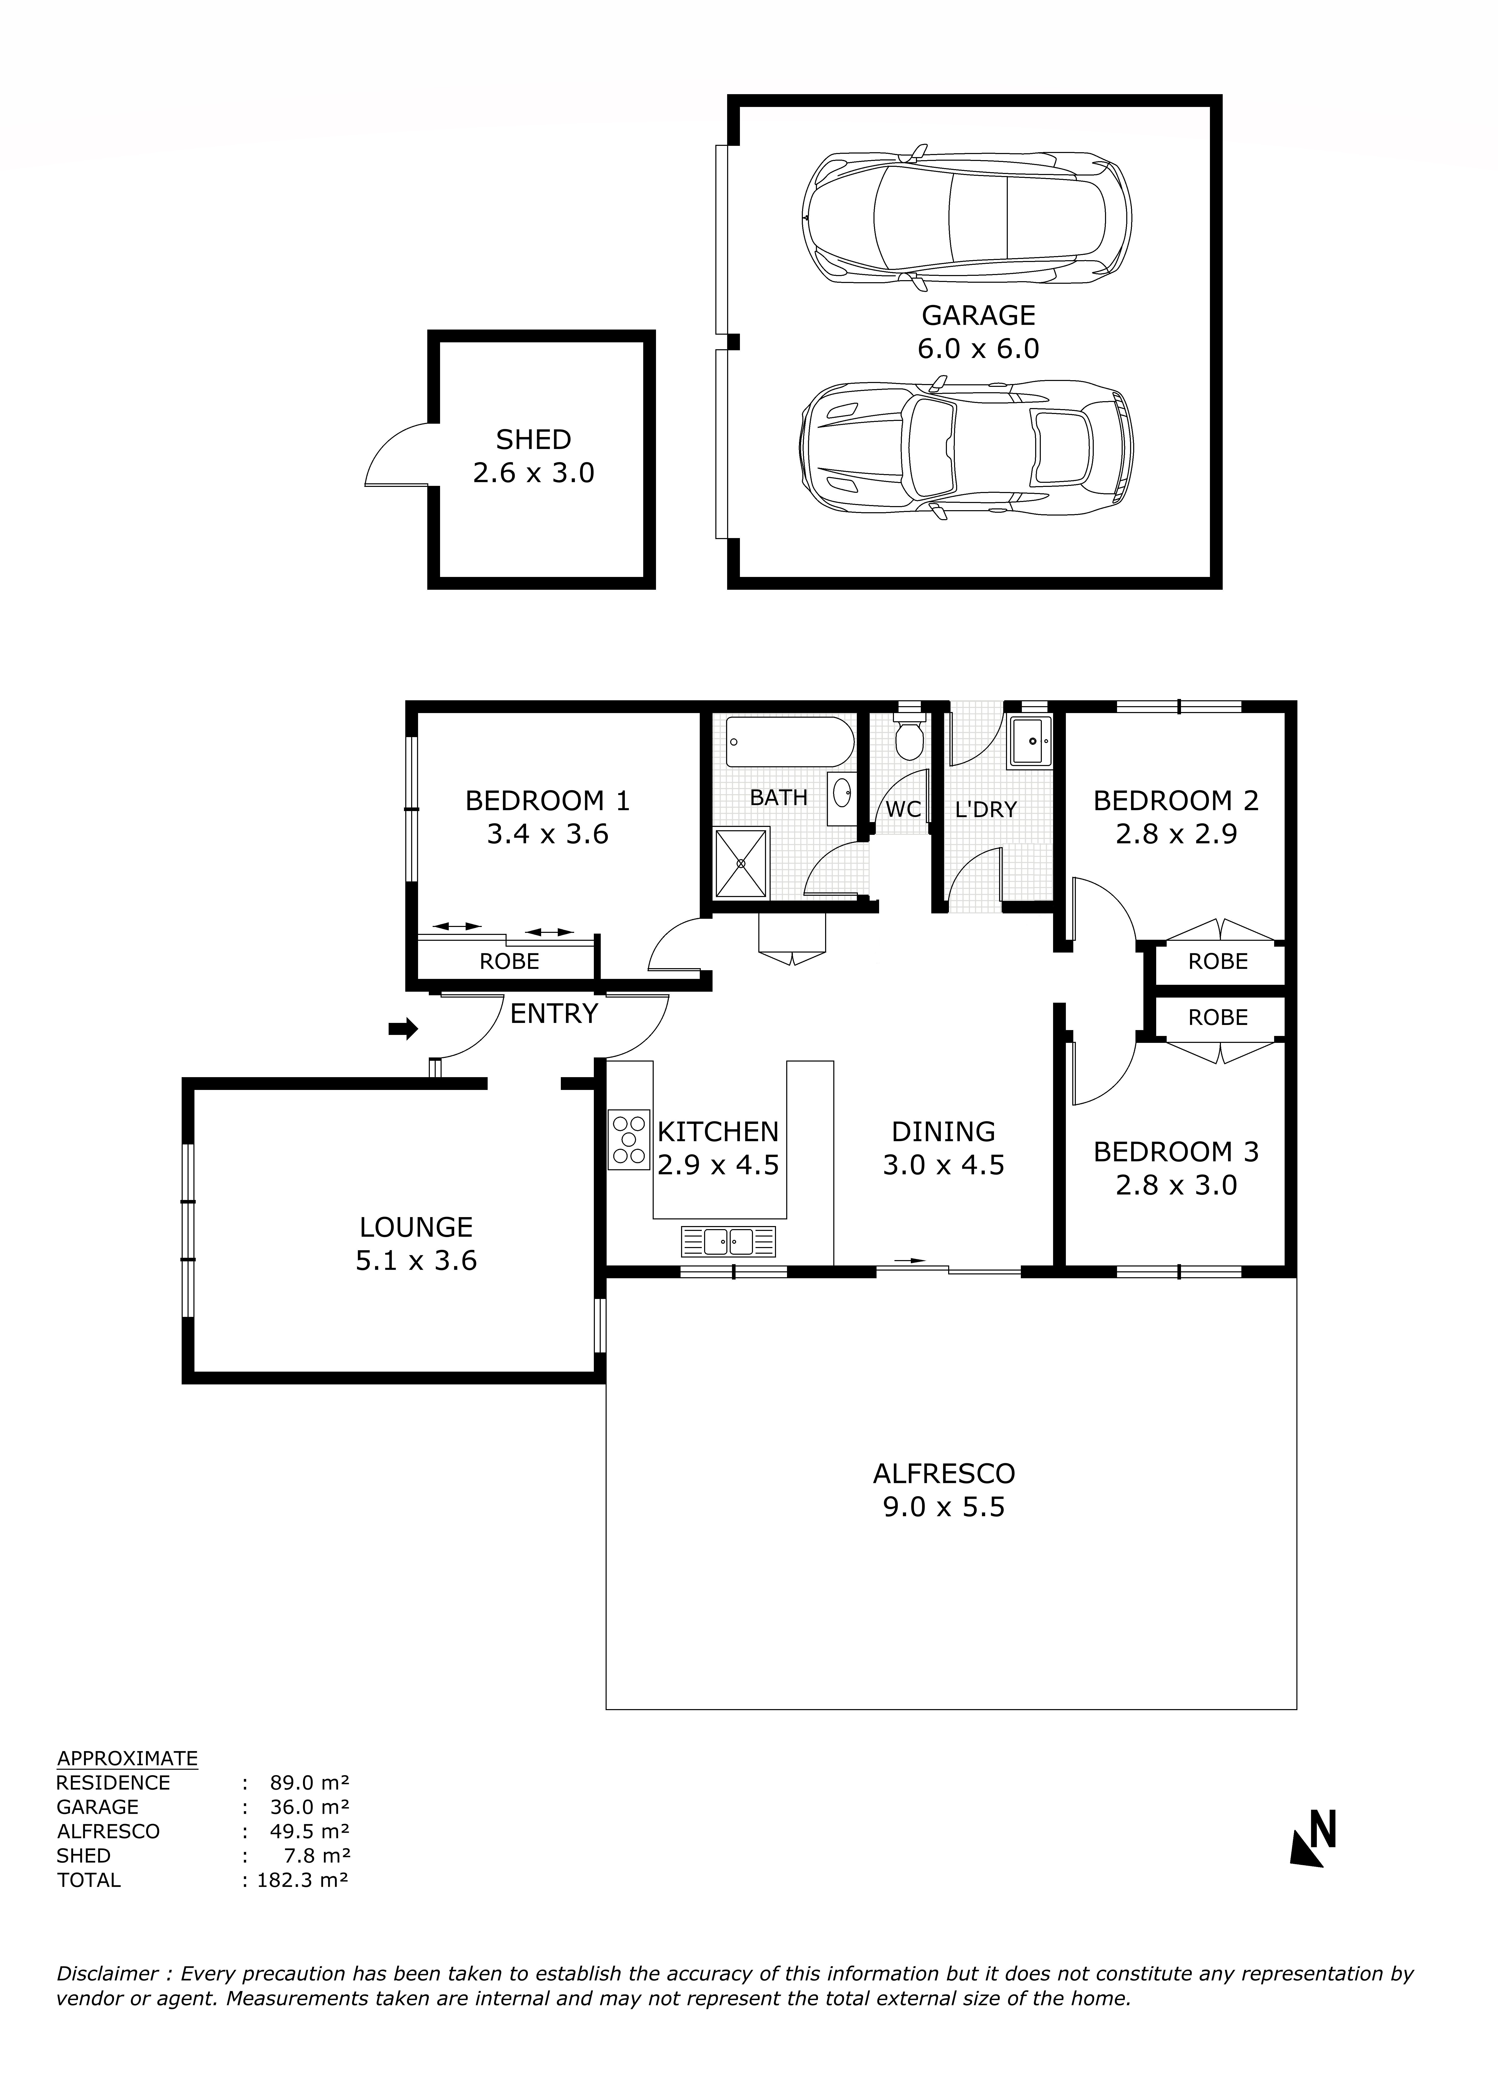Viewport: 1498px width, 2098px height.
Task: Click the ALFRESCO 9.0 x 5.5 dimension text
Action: pos(944,1507)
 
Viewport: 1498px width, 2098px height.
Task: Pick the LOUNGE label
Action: pos(416,1227)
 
